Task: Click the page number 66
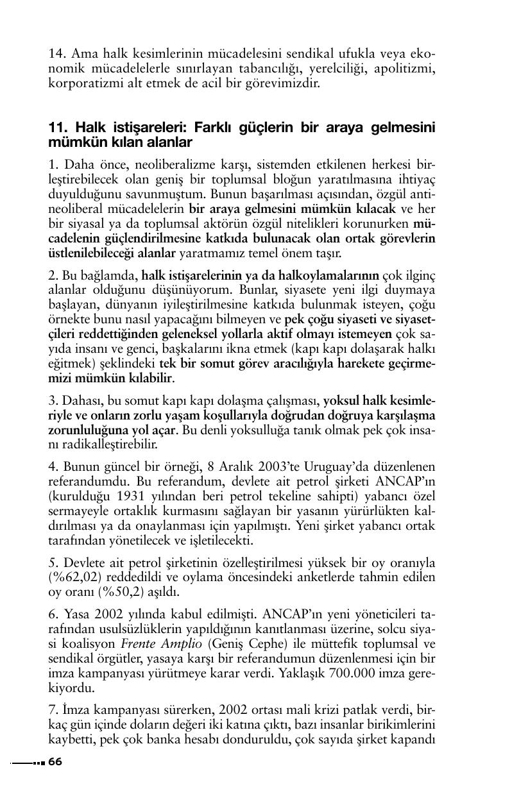point(55,761)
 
